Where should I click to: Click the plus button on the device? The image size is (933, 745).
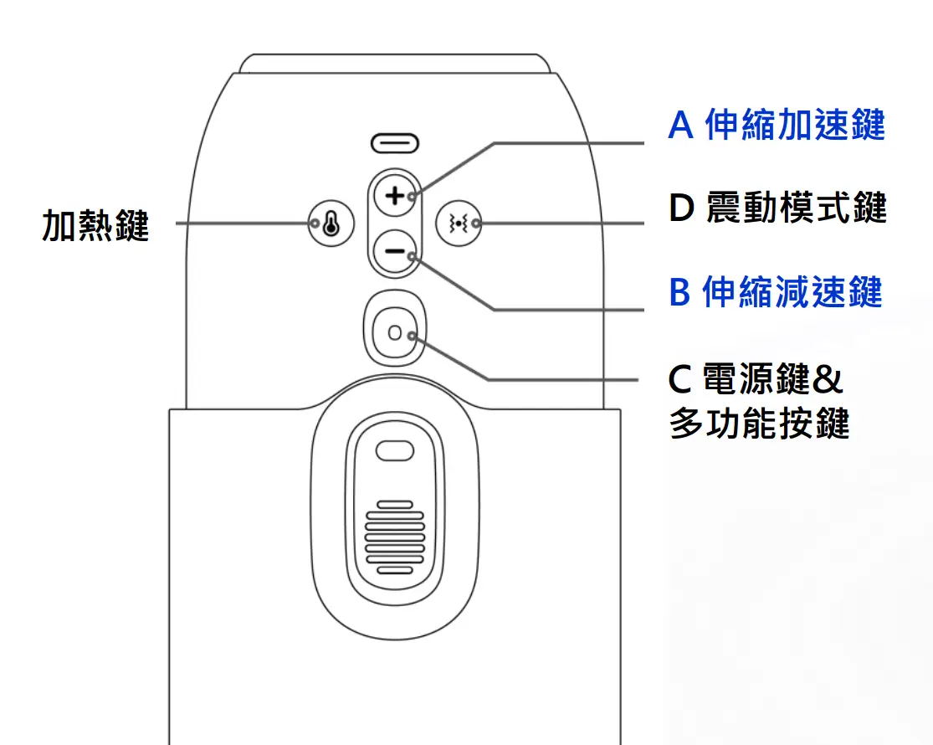point(394,195)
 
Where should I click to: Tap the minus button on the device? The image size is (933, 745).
point(394,251)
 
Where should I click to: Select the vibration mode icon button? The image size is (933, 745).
point(459,223)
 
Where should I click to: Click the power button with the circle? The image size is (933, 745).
point(394,332)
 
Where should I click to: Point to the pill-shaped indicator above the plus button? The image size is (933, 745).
point(394,143)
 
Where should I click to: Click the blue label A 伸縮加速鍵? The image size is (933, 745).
point(777,125)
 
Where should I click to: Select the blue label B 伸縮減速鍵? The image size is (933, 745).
point(776,291)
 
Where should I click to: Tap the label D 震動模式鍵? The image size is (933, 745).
point(777,208)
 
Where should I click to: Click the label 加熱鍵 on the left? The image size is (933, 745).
point(95,225)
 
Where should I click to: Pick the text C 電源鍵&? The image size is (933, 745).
point(756,378)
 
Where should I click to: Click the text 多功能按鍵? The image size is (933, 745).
point(759,423)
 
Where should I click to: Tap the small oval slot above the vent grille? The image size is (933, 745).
point(394,450)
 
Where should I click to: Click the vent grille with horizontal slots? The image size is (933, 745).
point(394,537)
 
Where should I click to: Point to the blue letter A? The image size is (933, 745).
point(680,125)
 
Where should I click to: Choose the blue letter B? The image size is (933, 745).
point(679,291)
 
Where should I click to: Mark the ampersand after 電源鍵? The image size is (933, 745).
point(828,378)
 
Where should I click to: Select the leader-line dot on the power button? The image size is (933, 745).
point(412,337)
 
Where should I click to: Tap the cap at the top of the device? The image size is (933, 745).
point(394,64)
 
